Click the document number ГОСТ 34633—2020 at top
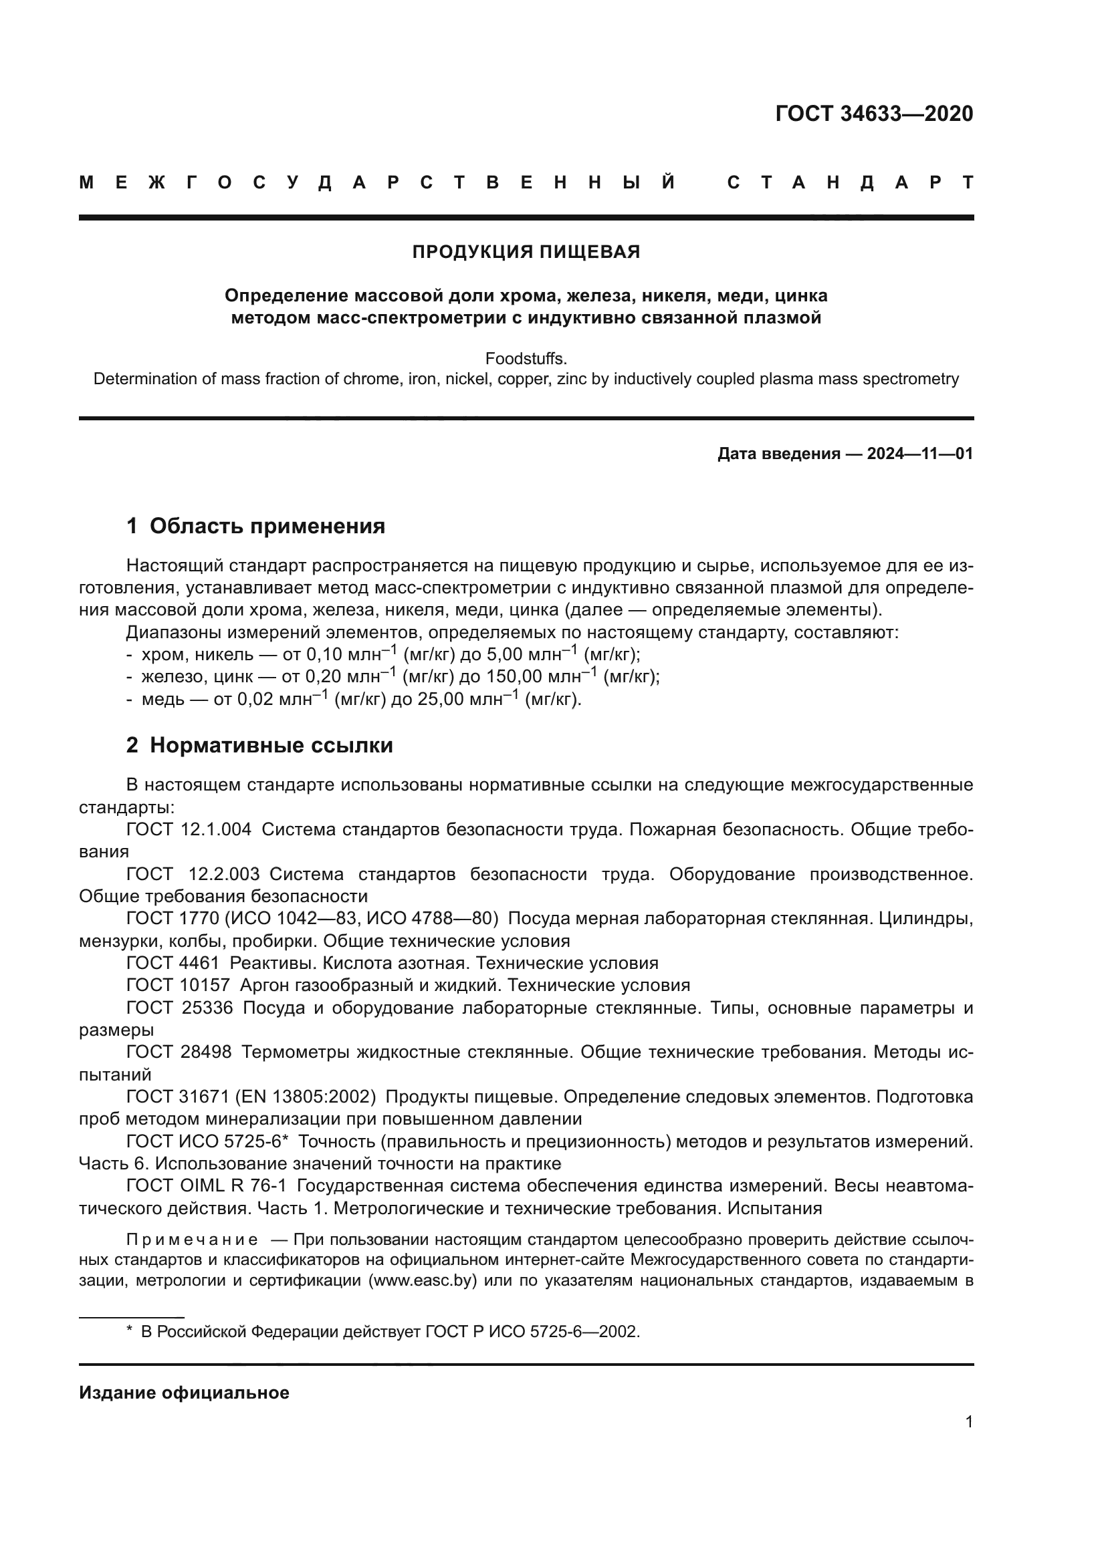point(874,114)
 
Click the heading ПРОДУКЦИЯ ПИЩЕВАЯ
point(526,252)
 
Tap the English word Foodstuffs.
point(526,358)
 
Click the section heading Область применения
point(267,525)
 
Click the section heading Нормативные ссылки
point(271,746)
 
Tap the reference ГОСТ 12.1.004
point(189,829)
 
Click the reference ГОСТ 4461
point(173,962)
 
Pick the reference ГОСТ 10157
point(178,985)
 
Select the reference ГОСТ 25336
point(179,1008)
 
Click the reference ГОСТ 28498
point(179,1052)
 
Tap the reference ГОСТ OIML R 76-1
point(206,1186)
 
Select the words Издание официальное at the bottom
point(184,1393)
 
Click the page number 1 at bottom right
point(968,1422)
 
